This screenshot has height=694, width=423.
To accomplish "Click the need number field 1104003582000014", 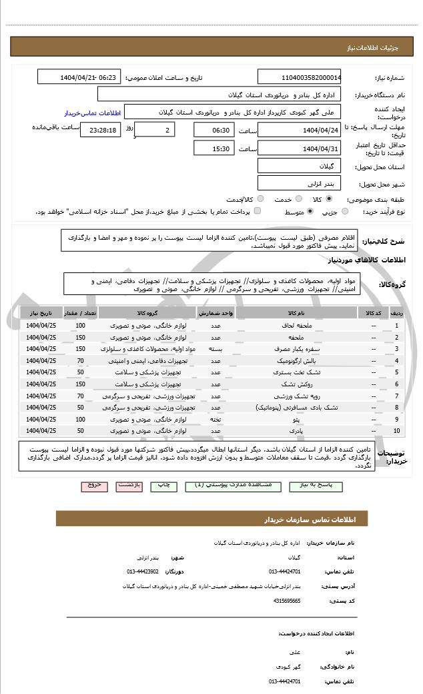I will click(x=299, y=77).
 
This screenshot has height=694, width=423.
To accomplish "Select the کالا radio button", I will click(x=329, y=198).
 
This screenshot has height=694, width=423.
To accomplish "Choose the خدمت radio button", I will click(x=297, y=198).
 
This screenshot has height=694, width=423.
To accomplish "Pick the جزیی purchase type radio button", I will click(x=344, y=211).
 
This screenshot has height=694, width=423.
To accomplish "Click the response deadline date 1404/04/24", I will click(x=299, y=129).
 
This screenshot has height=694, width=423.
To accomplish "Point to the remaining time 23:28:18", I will click(x=100, y=129).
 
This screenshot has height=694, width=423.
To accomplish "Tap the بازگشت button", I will click(x=129, y=486).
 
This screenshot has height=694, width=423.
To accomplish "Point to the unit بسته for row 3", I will click(x=216, y=348).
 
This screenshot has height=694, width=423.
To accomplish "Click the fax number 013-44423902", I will click(x=143, y=571).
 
